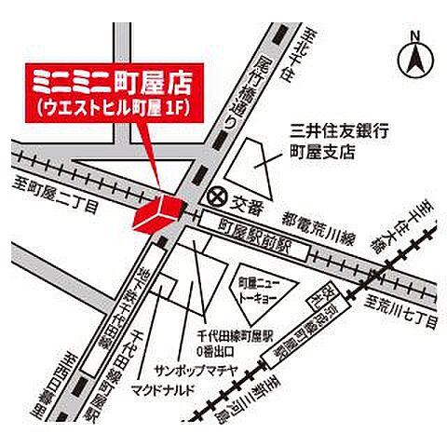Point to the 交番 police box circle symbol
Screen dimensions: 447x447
click(x=217, y=196)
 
